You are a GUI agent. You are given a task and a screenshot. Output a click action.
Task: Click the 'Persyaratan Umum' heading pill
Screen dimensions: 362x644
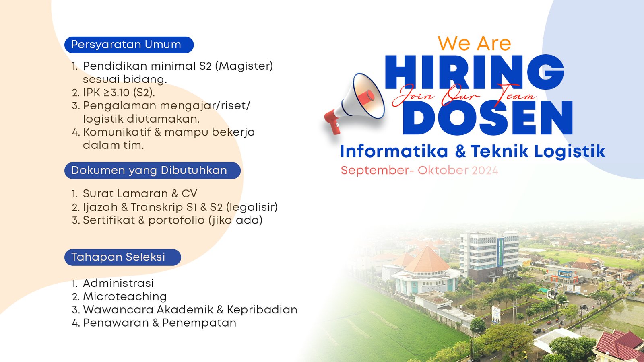coord(129,45)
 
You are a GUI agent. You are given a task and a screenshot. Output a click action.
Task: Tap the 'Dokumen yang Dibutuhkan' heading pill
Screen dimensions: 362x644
coord(152,171)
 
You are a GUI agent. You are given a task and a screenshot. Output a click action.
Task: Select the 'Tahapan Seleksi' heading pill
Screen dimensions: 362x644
coord(122,257)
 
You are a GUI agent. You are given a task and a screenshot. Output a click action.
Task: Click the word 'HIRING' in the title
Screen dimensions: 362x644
coord(474,72)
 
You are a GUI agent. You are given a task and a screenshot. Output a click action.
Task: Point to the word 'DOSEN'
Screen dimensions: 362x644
coord(488,118)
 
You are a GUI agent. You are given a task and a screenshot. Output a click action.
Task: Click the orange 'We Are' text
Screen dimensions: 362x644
coord(474,43)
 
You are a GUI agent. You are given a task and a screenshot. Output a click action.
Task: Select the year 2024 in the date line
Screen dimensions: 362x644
coord(485,171)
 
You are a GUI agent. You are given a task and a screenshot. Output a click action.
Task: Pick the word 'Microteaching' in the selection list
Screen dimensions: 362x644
coord(125,297)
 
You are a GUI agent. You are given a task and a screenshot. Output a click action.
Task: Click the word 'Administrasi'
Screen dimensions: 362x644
coord(118,284)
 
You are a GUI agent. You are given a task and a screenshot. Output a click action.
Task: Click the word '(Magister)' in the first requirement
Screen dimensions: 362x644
coord(244,66)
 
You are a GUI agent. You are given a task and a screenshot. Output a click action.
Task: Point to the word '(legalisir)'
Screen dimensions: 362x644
coord(252,207)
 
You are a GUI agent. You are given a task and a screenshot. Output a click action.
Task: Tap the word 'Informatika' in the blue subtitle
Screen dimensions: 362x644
coord(394,152)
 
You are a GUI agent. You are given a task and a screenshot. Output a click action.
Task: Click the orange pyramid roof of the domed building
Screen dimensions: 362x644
coord(427,259)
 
